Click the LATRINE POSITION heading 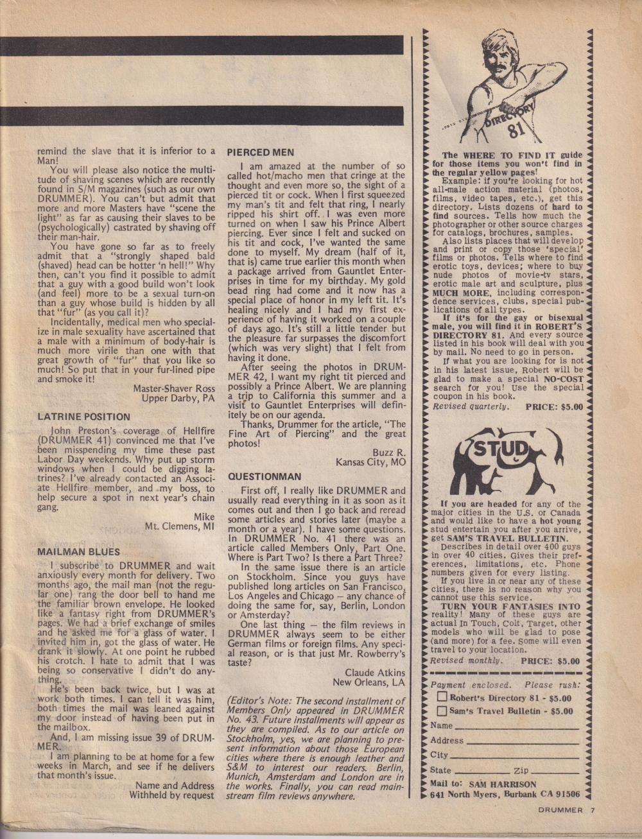83,417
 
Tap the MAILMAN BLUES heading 78,551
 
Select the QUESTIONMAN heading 264,477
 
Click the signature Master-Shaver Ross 173,388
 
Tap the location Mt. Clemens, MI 179,526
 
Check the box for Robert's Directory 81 442,697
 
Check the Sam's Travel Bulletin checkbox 442,711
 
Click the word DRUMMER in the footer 560,810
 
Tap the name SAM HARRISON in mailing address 501,784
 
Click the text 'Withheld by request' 171,795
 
